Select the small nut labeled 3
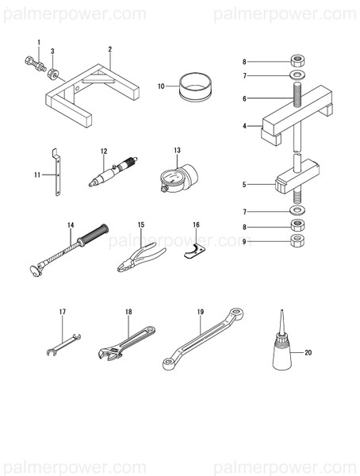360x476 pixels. pyautogui.click(x=52, y=73)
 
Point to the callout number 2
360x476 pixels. pyautogui.click(x=110, y=48)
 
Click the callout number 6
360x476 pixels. pyautogui.click(x=245, y=98)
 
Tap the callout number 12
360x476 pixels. pyautogui.click(x=104, y=150)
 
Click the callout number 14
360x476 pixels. pyautogui.click(x=70, y=225)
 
